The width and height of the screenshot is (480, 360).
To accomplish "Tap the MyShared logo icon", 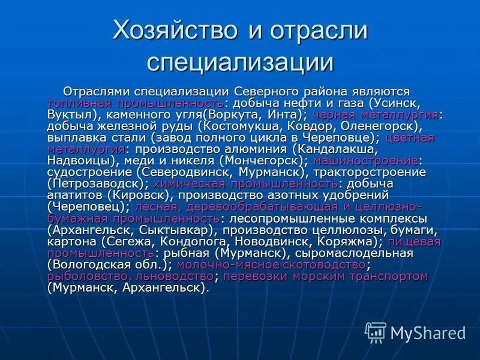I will pos(376,332).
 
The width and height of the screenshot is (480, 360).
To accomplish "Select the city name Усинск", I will pos(400,103).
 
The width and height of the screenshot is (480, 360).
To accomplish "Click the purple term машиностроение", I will pos(365,161).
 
